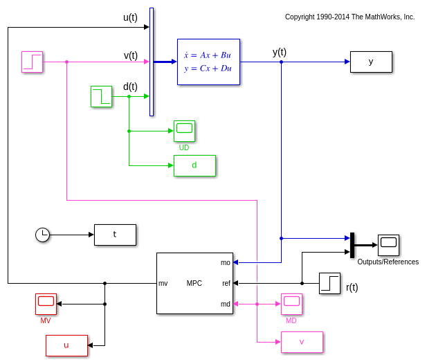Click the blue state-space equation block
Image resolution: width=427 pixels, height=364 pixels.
(x=208, y=62)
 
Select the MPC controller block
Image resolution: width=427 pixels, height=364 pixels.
(x=194, y=283)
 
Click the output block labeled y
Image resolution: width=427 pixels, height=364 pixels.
(x=371, y=62)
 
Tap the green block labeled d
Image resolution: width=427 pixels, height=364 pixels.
(x=194, y=165)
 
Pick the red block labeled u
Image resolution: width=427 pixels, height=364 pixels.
(x=66, y=345)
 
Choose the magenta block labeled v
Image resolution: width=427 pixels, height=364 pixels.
(x=302, y=342)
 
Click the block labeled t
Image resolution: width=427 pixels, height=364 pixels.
(x=115, y=235)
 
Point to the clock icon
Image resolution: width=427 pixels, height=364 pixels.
(x=43, y=235)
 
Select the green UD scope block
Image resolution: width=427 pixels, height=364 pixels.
(x=184, y=131)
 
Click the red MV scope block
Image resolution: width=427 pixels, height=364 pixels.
(x=46, y=304)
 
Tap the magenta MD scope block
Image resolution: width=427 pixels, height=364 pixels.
(x=291, y=304)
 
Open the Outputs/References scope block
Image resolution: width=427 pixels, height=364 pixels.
(x=388, y=245)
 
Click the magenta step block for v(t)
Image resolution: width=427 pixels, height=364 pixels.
(x=32, y=62)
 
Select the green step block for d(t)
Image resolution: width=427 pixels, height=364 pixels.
(x=101, y=96)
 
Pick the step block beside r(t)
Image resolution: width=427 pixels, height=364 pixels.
(x=329, y=283)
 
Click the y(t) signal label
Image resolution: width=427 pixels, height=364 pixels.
(x=280, y=52)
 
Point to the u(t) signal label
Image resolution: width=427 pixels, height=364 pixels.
(x=130, y=17)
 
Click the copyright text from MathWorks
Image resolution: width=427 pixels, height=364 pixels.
(x=349, y=17)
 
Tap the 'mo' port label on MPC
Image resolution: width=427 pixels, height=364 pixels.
(x=226, y=262)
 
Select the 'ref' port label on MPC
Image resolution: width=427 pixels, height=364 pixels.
(x=226, y=283)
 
